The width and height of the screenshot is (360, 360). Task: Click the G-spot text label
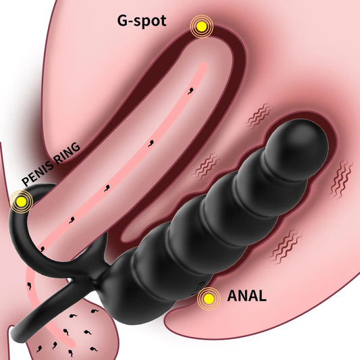[142, 22]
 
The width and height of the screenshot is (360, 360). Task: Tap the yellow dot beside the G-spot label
[201, 26]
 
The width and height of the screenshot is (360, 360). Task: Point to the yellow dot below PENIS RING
[22, 201]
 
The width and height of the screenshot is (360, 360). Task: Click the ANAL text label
[247, 296]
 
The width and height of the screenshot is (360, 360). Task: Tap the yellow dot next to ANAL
[209, 299]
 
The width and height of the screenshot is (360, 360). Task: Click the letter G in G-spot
[122, 21]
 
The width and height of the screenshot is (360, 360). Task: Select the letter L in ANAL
[262, 296]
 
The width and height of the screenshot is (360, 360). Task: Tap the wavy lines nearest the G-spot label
[259, 115]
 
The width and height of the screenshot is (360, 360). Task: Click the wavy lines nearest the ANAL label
[286, 246]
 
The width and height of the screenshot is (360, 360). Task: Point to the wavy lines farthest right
[341, 180]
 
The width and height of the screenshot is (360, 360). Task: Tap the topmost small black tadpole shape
[190, 91]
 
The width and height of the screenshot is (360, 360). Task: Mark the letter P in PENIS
[26, 182]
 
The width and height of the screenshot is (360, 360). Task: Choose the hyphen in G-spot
[130, 22]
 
